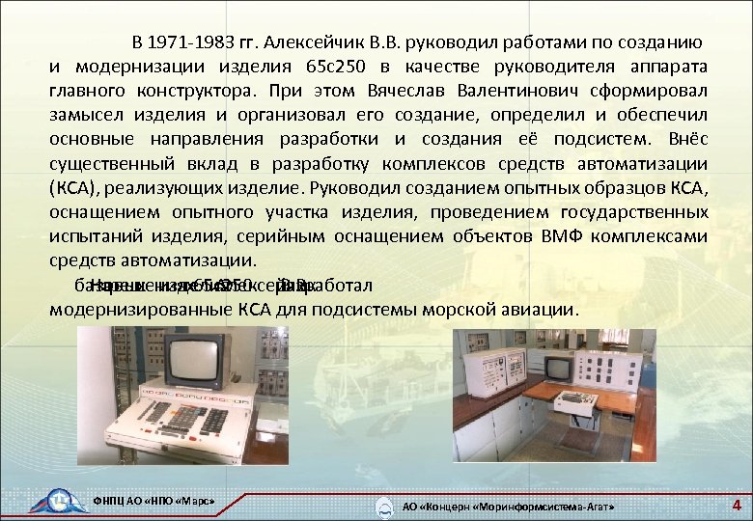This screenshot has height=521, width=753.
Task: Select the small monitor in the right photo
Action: [x=560, y=367]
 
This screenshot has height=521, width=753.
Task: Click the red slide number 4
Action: [x=737, y=505]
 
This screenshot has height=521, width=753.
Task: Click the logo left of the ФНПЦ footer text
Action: [x=57, y=502]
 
